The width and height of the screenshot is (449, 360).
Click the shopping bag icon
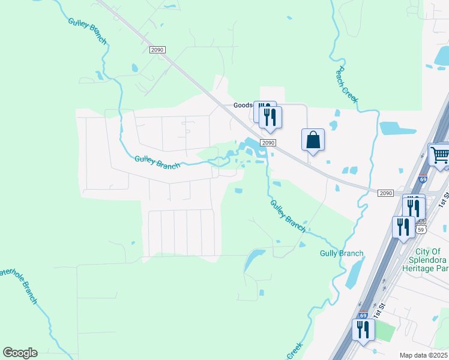click(x=313, y=140)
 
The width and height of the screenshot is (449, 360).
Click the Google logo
click(x=20, y=353)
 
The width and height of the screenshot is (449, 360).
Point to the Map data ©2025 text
click(x=424, y=355)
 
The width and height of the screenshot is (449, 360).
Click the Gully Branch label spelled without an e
click(x=342, y=254)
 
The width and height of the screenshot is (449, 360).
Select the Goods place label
click(x=243, y=106)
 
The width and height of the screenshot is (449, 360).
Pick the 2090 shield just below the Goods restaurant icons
click(x=268, y=142)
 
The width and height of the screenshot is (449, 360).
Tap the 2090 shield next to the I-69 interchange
click(x=385, y=193)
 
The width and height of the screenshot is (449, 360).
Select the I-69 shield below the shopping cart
click(x=423, y=179)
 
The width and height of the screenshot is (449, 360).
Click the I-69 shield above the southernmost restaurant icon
click(x=362, y=314)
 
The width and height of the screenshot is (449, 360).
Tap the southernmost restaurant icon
click(x=363, y=330)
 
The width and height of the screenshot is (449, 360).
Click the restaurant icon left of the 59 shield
click(x=402, y=227)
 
